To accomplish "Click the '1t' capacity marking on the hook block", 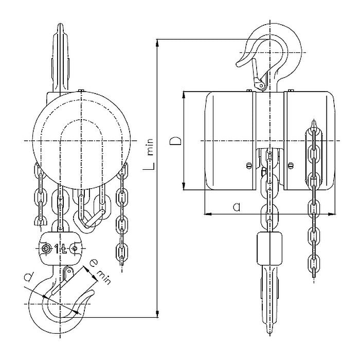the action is click(x=60, y=248).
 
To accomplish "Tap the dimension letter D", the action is click(x=176, y=141).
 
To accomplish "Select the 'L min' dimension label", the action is click(x=149, y=154).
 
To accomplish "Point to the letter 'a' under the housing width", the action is click(x=237, y=207).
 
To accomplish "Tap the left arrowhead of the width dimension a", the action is click(x=208, y=214).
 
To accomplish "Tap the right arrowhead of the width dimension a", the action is click(x=331, y=214).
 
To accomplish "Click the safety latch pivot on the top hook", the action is click(x=261, y=86).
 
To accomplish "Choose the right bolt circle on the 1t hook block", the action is click(x=75, y=248).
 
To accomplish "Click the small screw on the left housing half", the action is click(x=248, y=165).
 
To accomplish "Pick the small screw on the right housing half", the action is click(x=291, y=165).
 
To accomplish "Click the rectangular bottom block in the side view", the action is click(x=269, y=248).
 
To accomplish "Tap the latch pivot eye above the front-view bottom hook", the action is click(x=68, y=271).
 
